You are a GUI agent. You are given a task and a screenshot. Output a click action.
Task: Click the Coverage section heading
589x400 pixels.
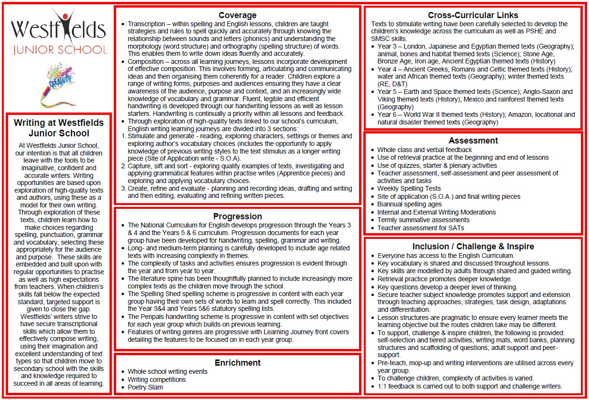(237, 15)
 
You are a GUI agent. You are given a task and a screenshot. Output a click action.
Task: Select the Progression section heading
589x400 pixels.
(237, 216)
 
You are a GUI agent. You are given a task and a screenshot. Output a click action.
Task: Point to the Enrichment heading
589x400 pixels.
(237, 363)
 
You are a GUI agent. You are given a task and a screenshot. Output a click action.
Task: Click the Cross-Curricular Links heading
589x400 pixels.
(473, 15)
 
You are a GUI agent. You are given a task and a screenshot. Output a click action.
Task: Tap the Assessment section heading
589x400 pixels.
(473, 141)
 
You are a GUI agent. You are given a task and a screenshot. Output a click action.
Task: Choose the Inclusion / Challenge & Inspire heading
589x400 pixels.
(473, 246)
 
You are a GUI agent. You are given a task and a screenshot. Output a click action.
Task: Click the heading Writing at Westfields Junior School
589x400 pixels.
(59, 128)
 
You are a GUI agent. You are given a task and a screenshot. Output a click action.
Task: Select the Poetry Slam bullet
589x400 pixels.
(145, 387)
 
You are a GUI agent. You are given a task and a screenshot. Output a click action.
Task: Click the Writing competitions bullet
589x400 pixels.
(157, 379)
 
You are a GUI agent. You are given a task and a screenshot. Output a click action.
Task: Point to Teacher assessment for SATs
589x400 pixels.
(420, 228)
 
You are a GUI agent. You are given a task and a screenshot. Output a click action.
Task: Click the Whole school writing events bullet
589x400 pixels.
(168, 371)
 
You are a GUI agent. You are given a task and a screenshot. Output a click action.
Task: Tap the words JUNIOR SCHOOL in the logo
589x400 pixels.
(60, 50)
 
